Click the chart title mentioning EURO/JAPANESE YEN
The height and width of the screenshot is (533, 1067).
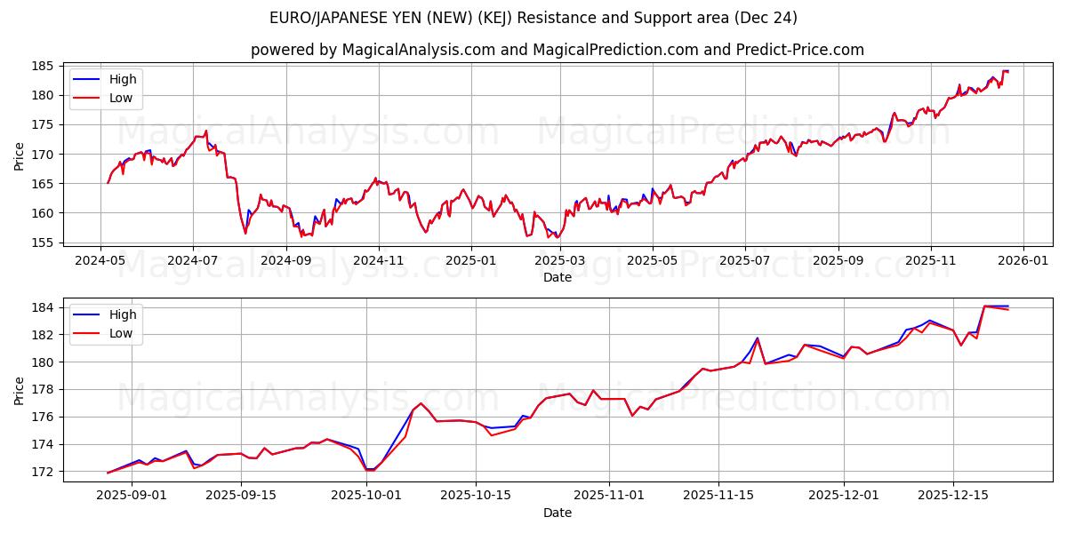[533, 18]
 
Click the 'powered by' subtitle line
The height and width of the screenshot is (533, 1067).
[558, 50]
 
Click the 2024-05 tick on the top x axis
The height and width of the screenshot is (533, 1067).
[100, 262]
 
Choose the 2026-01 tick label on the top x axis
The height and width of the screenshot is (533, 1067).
[1023, 262]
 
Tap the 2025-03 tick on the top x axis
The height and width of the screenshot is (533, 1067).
[560, 262]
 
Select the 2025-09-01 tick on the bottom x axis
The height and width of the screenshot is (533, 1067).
[131, 496]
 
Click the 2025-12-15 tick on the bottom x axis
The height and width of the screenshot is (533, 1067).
[953, 496]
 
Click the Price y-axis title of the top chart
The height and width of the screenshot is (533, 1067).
[20, 156]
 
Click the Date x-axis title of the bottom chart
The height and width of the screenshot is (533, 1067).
[558, 513]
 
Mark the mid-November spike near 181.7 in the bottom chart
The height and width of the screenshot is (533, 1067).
[758, 338]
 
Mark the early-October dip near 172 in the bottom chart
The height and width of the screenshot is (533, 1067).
[369, 469]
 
